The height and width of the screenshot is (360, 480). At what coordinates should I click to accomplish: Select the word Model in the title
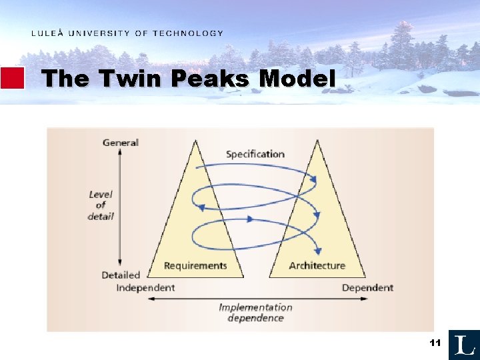click(x=297, y=79)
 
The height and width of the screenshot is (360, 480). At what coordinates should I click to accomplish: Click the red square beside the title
click(x=13, y=78)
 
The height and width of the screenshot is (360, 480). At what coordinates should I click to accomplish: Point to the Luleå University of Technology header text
click(x=127, y=33)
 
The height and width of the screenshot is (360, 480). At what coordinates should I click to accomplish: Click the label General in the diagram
click(x=121, y=143)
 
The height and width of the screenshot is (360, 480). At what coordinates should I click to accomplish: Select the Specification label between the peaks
click(x=255, y=154)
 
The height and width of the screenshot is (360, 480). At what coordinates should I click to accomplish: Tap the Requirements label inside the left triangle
click(x=195, y=265)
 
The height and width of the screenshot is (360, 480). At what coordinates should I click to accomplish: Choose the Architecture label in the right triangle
click(x=317, y=265)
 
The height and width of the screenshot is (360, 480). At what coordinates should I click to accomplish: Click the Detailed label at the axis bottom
click(x=121, y=275)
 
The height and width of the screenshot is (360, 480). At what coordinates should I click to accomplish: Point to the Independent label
click(x=145, y=287)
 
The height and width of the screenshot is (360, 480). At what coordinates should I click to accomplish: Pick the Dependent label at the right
click(x=367, y=287)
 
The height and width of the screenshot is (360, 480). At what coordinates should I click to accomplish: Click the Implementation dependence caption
click(x=255, y=312)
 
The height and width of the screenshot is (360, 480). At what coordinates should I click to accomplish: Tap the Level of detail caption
click(x=101, y=205)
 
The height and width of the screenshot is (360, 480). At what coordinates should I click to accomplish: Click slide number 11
click(x=435, y=343)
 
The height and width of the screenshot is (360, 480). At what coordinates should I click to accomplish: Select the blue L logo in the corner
click(x=464, y=345)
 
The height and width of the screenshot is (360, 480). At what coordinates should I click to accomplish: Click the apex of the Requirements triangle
click(x=195, y=140)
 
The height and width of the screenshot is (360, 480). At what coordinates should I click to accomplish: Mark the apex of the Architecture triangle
click(x=317, y=140)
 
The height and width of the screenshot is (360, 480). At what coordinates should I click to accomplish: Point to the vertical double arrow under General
click(x=120, y=207)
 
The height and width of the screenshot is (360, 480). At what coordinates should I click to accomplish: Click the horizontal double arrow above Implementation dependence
click(x=255, y=298)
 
